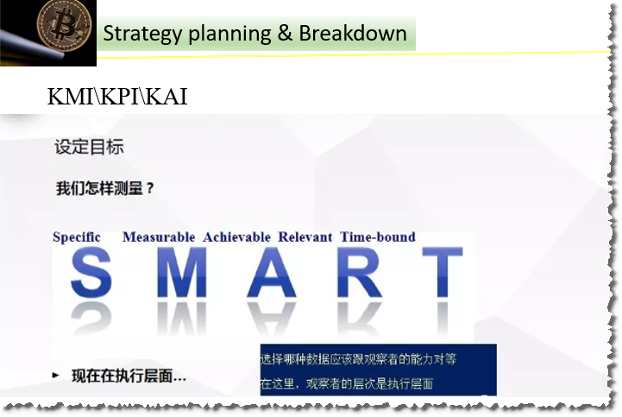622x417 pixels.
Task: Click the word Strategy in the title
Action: tap(141, 34)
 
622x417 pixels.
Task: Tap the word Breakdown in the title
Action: tap(353, 34)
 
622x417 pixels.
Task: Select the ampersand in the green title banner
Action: tap(284, 34)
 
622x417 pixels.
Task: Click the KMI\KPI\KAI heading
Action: tap(117, 98)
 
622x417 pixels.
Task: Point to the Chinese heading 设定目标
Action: tap(89, 147)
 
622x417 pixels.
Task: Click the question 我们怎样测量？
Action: tap(105, 188)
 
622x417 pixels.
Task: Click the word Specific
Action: tap(77, 237)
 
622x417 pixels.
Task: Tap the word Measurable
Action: tap(159, 237)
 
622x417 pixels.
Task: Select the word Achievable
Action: tap(236, 237)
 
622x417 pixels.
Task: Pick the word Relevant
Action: tap(305, 237)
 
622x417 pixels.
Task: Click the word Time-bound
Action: tap(378, 237)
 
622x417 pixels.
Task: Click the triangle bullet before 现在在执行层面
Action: tap(56, 376)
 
